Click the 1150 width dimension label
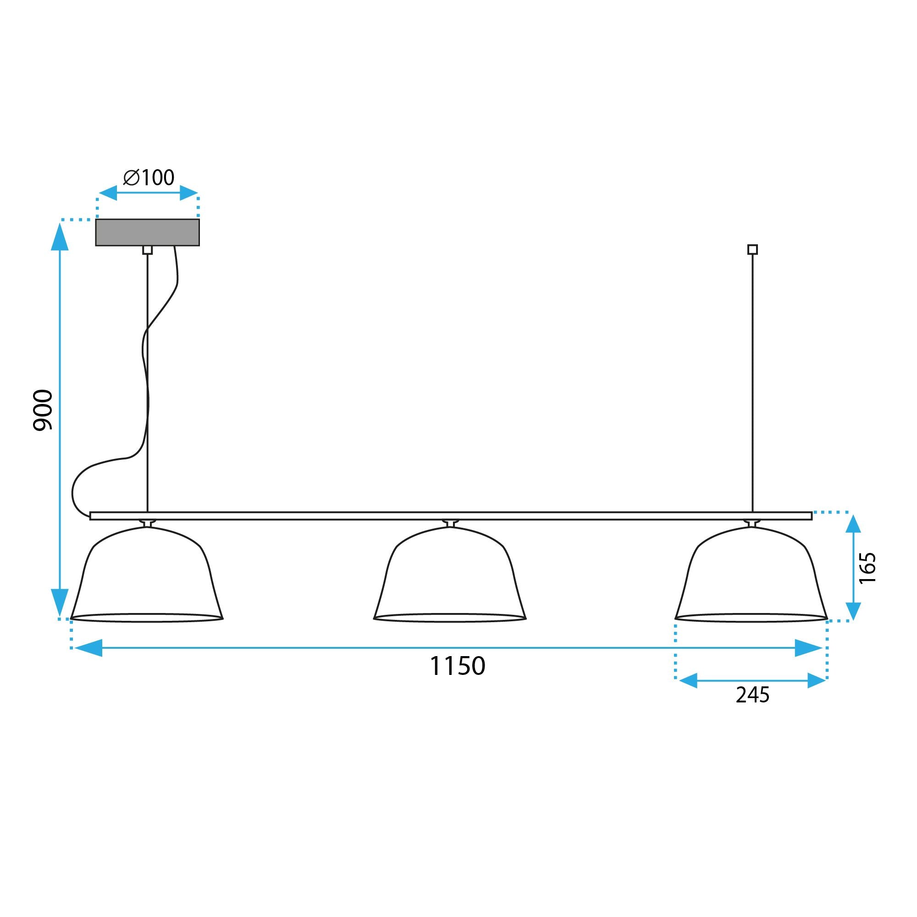(457, 666)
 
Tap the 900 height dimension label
(43, 410)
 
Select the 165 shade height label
(867, 568)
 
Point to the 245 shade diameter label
(752, 695)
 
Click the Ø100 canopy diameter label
(149, 177)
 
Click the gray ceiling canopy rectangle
(147, 232)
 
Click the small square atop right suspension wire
(752, 249)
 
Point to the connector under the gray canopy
(148, 250)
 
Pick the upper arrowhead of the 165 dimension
(853, 524)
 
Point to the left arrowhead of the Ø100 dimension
(108, 193)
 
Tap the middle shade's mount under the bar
(450, 523)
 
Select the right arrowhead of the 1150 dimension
(808, 648)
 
